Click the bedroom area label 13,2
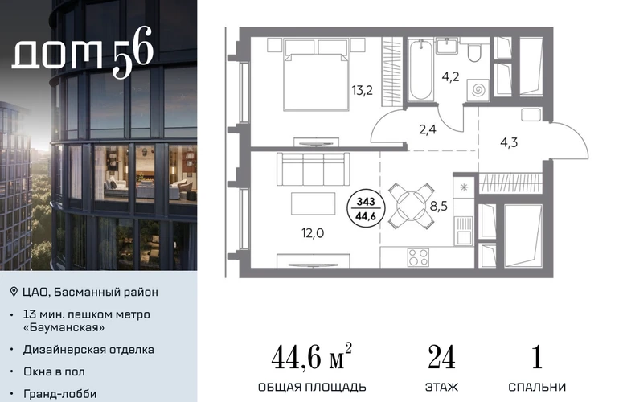(362, 90)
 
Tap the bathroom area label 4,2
(450, 76)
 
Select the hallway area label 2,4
(428, 129)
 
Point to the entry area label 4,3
(509, 142)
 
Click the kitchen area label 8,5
(438, 206)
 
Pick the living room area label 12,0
(313, 233)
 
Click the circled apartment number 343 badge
(366, 209)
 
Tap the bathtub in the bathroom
(420, 70)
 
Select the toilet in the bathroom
(473, 53)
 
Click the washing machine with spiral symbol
(478, 90)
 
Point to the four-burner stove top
(418, 257)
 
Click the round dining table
(412, 206)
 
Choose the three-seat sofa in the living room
(314, 169)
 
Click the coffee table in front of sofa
(313, 203)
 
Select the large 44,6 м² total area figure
(311, 356)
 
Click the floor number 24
(441, 357)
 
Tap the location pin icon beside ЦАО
(14, 292)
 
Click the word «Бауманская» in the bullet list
(64, 327)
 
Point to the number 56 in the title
(133, 51)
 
